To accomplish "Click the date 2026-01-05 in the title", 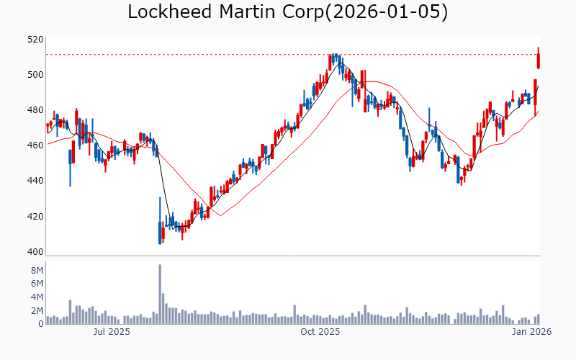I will [386, 12].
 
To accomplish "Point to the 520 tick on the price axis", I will [35, 40].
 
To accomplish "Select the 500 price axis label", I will [35, 75].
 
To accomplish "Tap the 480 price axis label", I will [35, 110].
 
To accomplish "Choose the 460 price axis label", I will [35, 145].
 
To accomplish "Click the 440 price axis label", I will [35, 181].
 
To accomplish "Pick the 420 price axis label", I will [35, 217].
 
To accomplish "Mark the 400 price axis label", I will [35, 252].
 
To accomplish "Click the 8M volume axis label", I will [37, 270].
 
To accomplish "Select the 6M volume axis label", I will [37, 284].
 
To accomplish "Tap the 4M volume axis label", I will [37, 297].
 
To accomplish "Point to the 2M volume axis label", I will [37, 311].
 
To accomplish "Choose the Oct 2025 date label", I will [320, 332].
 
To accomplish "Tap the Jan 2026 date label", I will [531, 332].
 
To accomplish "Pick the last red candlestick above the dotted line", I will [538, 58].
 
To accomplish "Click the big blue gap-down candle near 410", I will [160, 232].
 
